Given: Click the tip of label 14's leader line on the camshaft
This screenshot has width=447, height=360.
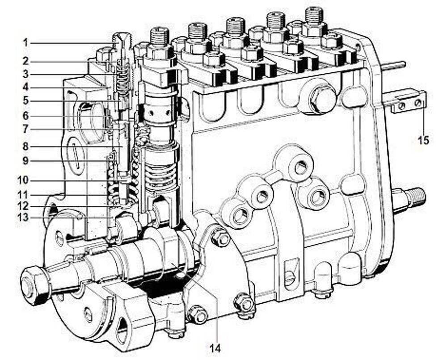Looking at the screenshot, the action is tap(170, 262).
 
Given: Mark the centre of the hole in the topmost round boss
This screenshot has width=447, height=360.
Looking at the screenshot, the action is tap(300, 167).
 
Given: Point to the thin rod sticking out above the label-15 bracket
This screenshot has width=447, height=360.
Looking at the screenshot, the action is tap(394, 65).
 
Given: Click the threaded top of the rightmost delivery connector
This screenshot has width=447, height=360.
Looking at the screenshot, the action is tap(314, 16).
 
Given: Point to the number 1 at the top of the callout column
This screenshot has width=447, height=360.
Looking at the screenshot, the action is tap(25, 43).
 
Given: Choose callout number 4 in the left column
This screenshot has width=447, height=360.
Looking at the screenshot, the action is tap(25, 87).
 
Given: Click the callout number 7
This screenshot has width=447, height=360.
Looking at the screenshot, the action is tap(25, 130).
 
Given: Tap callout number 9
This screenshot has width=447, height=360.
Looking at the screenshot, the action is tap(25, 161).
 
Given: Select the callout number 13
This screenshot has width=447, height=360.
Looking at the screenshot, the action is tap(23, 218).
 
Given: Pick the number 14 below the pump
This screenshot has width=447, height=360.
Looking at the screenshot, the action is tap(215, 348).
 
